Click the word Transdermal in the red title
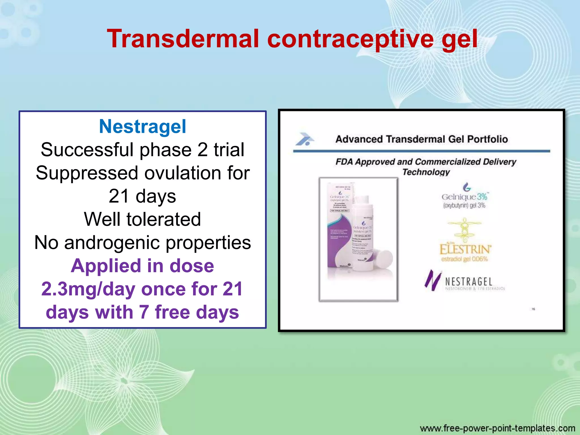tap(183, 39)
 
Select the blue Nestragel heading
tap(142, 126)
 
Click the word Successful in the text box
tap(87, 150)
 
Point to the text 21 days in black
tap(142, 196)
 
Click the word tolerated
tap(164, 219)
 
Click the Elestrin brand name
tap(465, 250)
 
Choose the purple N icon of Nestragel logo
tap(432, 280)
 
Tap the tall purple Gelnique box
tap(339, 227)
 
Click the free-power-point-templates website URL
tap(497, 428)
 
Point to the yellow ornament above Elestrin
tap(464, 229)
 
